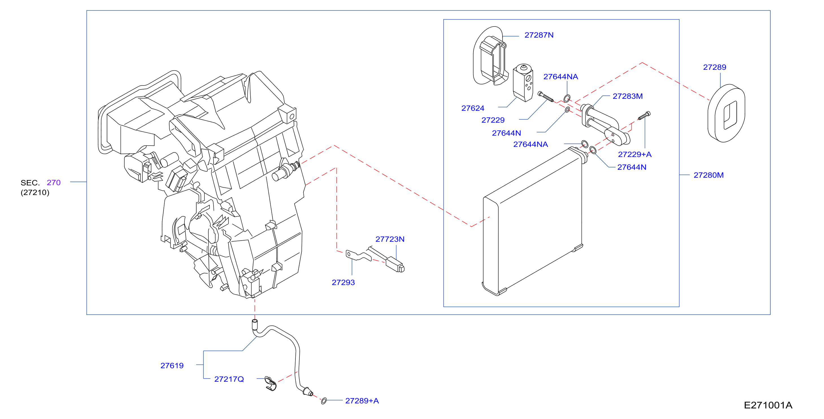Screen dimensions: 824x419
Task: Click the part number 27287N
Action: pos(539,35)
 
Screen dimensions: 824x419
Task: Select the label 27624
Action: pos(473,108)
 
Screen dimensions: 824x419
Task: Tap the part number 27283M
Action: pos(627,96)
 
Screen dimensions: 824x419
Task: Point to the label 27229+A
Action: pos(634,154)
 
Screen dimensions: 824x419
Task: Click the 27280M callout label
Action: pos(708,175)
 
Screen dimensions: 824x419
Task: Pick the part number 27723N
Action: pos(390,239)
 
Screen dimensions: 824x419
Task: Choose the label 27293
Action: pos(343,283)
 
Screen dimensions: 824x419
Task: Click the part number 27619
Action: pos(172,366)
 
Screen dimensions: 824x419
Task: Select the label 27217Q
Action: pos(229,379)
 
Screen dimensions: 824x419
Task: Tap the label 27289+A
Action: pos(362,401)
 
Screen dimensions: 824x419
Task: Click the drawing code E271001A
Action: pos(768,405)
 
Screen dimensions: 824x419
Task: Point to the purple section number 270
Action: pos(53,182)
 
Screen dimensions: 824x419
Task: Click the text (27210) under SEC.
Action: pos(35,192)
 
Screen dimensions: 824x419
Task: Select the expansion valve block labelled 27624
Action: pos(523,82)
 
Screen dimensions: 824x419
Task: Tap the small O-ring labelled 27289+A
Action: pos(324,401)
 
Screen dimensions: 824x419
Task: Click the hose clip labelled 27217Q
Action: pos(271,383)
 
